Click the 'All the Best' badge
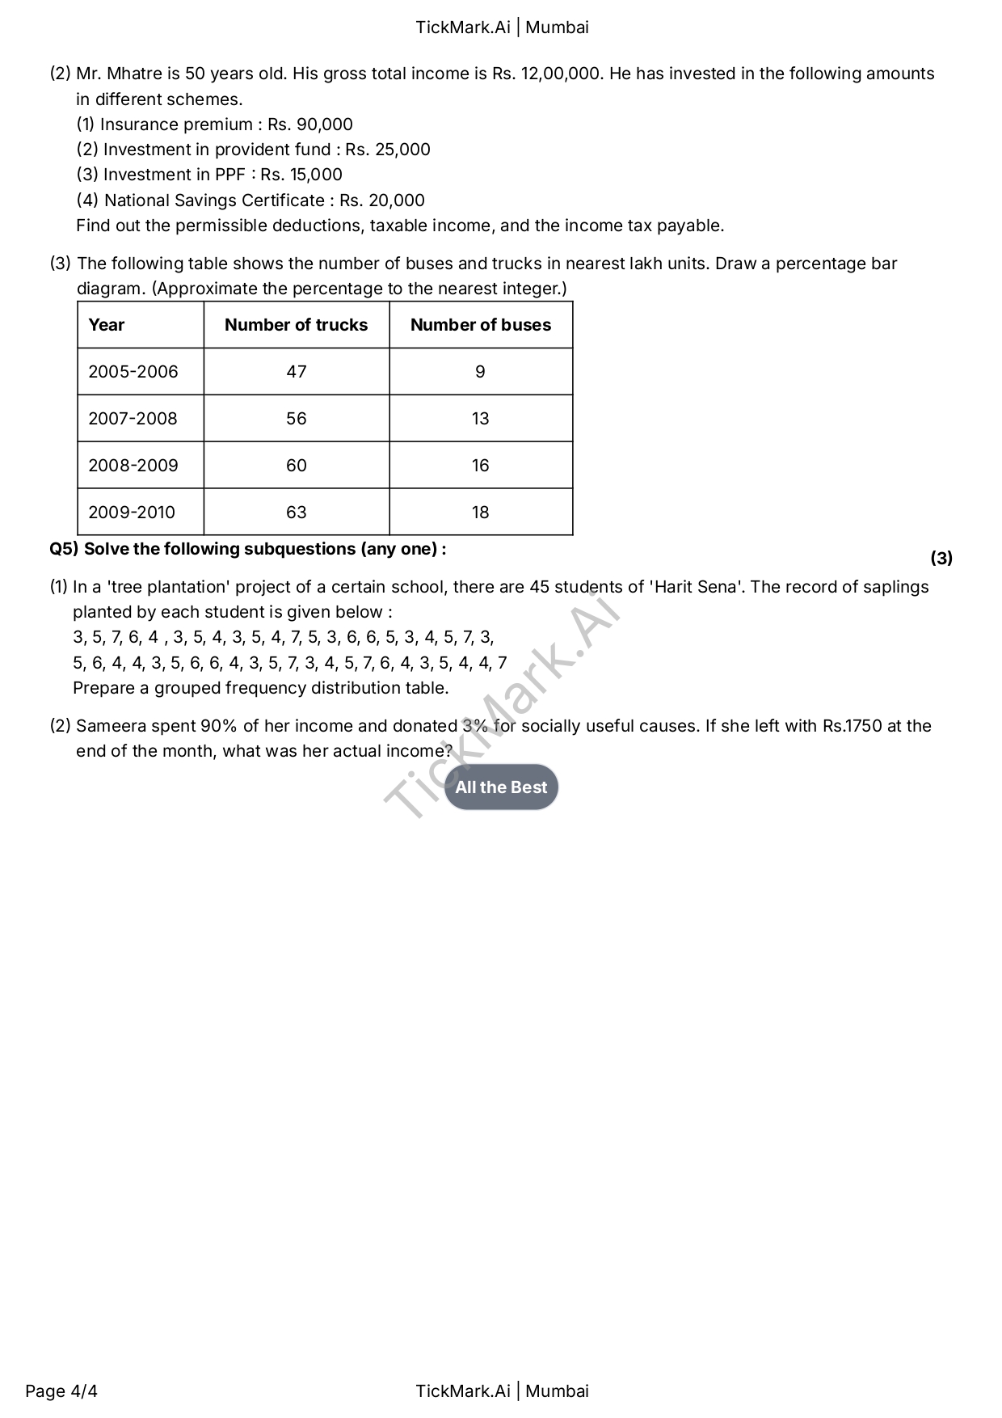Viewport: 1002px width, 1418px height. (501, 787)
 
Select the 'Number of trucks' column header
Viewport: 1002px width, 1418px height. (296, 325)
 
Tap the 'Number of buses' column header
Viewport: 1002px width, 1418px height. (481, 325)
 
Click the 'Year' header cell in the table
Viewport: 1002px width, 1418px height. (107, 325)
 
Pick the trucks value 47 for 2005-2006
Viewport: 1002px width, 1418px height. (297, 372)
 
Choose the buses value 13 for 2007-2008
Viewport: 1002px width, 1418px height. (480, 419)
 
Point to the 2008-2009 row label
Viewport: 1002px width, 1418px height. (133, 466)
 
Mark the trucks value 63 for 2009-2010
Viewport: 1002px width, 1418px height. (297, 513)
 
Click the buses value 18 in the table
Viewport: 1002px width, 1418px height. (480, 513)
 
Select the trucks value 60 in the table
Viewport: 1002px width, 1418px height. (297, 466)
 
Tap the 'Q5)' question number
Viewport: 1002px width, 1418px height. (64, 549)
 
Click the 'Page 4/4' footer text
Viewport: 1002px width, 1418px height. (61, 1391)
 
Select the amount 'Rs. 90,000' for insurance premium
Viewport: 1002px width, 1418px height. (310, 124)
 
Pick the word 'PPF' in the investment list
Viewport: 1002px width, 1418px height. (230, 175)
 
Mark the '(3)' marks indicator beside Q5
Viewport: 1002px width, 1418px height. (941, 558)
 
